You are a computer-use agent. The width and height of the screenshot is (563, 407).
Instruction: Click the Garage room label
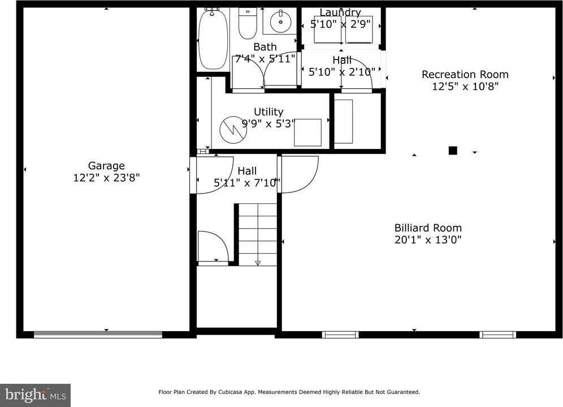pyautogui.click(x=106, y=166)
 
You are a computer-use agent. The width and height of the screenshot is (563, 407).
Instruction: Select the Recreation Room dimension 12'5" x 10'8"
pyautogui.click(x=465, y=87)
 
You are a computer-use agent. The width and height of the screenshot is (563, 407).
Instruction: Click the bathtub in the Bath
pyautogui.click(x=213, y=40)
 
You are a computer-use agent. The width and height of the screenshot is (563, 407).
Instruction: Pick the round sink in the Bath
pyautogui.click(x=280, y=22)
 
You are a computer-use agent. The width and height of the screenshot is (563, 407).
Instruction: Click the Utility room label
pyautogui.click(x=268, y=112)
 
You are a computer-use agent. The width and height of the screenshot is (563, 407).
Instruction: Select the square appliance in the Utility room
pyautogui.click(x=308, y=132)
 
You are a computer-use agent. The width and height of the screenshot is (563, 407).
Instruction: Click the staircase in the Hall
pyautogui.click(x=258, y=234)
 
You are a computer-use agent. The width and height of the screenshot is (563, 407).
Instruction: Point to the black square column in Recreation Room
pyautogui.click(x=452, y=151)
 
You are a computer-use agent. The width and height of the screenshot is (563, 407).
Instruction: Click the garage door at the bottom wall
pyautogui.click(x=98, y=335)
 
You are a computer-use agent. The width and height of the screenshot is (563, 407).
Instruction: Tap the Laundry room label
pyautogui.click(x=340, y=12)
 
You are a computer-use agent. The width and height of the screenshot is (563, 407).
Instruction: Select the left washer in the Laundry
pyautogui.click(x=328, y=29)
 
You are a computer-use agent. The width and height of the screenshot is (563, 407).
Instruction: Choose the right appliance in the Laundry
pyautogui.click(x=360, y=29)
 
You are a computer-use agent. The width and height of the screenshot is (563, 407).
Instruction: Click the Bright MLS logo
pyautogui.click(x=35, y=395)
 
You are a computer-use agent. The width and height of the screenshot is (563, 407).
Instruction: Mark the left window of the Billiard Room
pyautogui.click(x=340, y=335)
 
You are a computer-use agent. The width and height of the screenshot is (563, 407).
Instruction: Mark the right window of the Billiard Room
pyautogui.click(x=497, y=335)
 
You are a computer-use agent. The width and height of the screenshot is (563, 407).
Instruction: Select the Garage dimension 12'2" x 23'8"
pyautogui.click(x=106, y=178)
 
